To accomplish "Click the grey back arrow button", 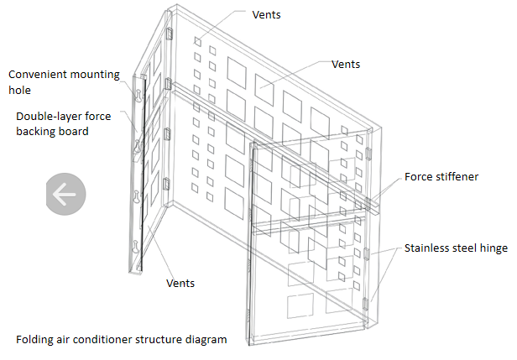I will click(64, 194).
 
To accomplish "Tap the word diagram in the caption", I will click(208, 340).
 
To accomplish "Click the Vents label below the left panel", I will click(180, 283).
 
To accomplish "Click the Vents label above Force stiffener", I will click(347, 64).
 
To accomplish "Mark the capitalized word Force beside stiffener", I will click(419, 177).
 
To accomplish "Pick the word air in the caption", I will click(68, 340).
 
